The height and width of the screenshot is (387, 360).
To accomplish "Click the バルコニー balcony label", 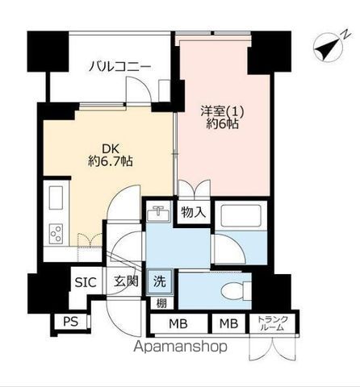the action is (x=119, y=67).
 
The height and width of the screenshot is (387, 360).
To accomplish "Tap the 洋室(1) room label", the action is (x=222, y=112).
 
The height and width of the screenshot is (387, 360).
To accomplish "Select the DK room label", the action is (x=110, y=149).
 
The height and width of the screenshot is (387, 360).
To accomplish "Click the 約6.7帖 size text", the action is (x=111, y=161).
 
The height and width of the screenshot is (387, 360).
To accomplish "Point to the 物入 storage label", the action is (x=194, y=212).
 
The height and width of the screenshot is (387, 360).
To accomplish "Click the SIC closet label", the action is (x=86, y=282).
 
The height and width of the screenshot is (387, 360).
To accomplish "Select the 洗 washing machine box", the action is (x=159, y=281).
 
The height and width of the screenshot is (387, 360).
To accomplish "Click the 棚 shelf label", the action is (x=161, y=303).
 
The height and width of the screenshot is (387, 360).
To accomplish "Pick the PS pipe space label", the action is (x=70, y=322).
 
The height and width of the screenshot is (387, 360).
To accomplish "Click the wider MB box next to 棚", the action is (x=178, y=323).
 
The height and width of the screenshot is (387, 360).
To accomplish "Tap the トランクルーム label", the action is (x=273, y=323).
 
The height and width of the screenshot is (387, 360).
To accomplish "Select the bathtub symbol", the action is (x=241, y=215).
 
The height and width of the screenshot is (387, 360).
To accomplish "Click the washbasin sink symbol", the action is (x=158, y=214).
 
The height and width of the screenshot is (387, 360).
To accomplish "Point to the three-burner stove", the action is (x=57, y=234).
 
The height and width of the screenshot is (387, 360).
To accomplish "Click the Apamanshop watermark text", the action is (x=181, y=347).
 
